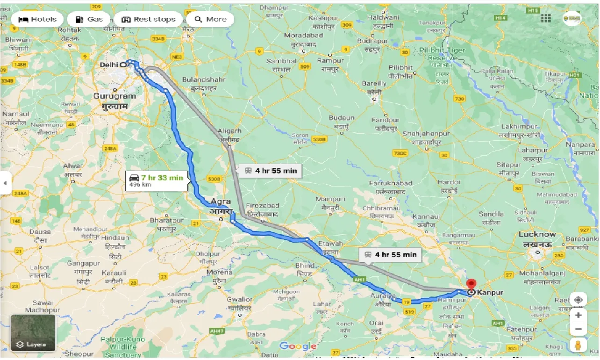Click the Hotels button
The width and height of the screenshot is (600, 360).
pyautogui.click(x=37, y=19)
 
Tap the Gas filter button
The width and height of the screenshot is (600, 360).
pyautogui.click(x=88, y=19)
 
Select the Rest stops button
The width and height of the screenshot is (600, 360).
pyautogui.click(x=148, y=19)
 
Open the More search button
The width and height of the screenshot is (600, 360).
pyautogui.click(x=210, y=19)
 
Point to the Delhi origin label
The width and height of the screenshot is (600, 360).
pyautogui.click(x=109, y=65)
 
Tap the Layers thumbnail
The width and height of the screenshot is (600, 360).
pyautogui.click(x=33, y=332)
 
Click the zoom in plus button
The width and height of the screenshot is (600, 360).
pyautogui.click(x=578, y=315)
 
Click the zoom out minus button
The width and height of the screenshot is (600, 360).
pyautogui.click(x=578, y=330)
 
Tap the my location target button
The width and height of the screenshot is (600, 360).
pyautogui.click(x=578, y=300)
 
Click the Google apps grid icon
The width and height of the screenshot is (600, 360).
pyautogui.click(x=545, y=19)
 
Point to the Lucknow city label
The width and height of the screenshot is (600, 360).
pyautogui.click(x=537, y=234)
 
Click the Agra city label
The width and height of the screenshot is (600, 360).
pyautogui.click(x=221, y=202)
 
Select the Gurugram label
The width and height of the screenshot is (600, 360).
pyautogui.click(x=114, y=96)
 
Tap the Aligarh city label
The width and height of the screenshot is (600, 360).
pyautogui.click(x=229, y=131)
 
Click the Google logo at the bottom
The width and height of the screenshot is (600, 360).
pyautogui.click(x=298, y=346)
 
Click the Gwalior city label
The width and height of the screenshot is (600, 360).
pyautogui.click(x=239, y=300)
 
